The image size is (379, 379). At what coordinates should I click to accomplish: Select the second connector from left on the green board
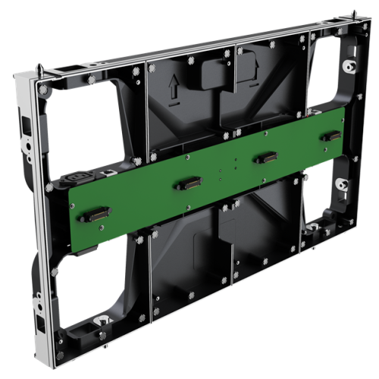[x=186, y=183]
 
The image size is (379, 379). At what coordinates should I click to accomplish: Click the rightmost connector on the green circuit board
[x=330, y=136]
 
